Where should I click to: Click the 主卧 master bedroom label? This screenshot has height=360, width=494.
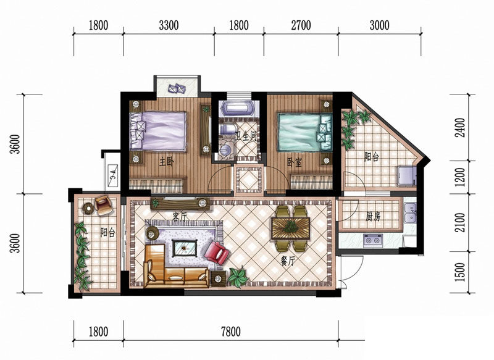[x=166, y=162]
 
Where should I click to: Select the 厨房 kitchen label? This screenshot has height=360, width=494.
[x=374, y=217]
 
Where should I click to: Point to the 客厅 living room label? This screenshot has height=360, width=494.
[x=180, y=216]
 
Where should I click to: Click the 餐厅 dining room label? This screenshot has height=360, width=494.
[x=288, y=261]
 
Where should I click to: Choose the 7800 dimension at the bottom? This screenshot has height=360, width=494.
[x=231, y=332]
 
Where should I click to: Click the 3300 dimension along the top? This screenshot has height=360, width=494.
[x=169, y=25]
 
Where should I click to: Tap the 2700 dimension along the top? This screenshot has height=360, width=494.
[x=301, y=25]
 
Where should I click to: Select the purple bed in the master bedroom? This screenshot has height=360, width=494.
[x=158, y=131]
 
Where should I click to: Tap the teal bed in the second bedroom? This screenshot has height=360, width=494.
[x=304, y=132]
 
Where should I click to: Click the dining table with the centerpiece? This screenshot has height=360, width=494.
[x=290, y=228]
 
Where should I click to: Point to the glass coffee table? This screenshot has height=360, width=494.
[x=185, y=248]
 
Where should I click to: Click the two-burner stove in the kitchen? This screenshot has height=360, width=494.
[x=373, y=241]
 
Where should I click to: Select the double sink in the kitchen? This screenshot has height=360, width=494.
[x=410, y=213]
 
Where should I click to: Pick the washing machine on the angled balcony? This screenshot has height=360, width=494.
[x=406, y=175]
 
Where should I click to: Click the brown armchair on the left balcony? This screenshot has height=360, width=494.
[x=103, y=205]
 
